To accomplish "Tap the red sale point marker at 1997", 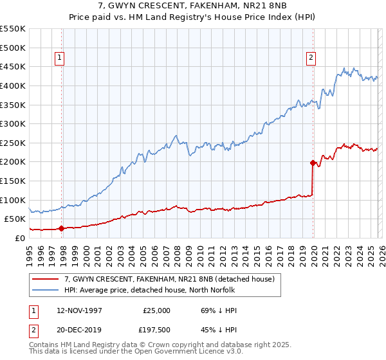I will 62,228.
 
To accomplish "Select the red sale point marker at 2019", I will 313,163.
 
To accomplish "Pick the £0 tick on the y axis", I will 20,238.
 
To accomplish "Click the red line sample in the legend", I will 46,279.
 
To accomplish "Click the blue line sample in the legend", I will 46,290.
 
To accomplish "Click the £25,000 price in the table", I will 156,310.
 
